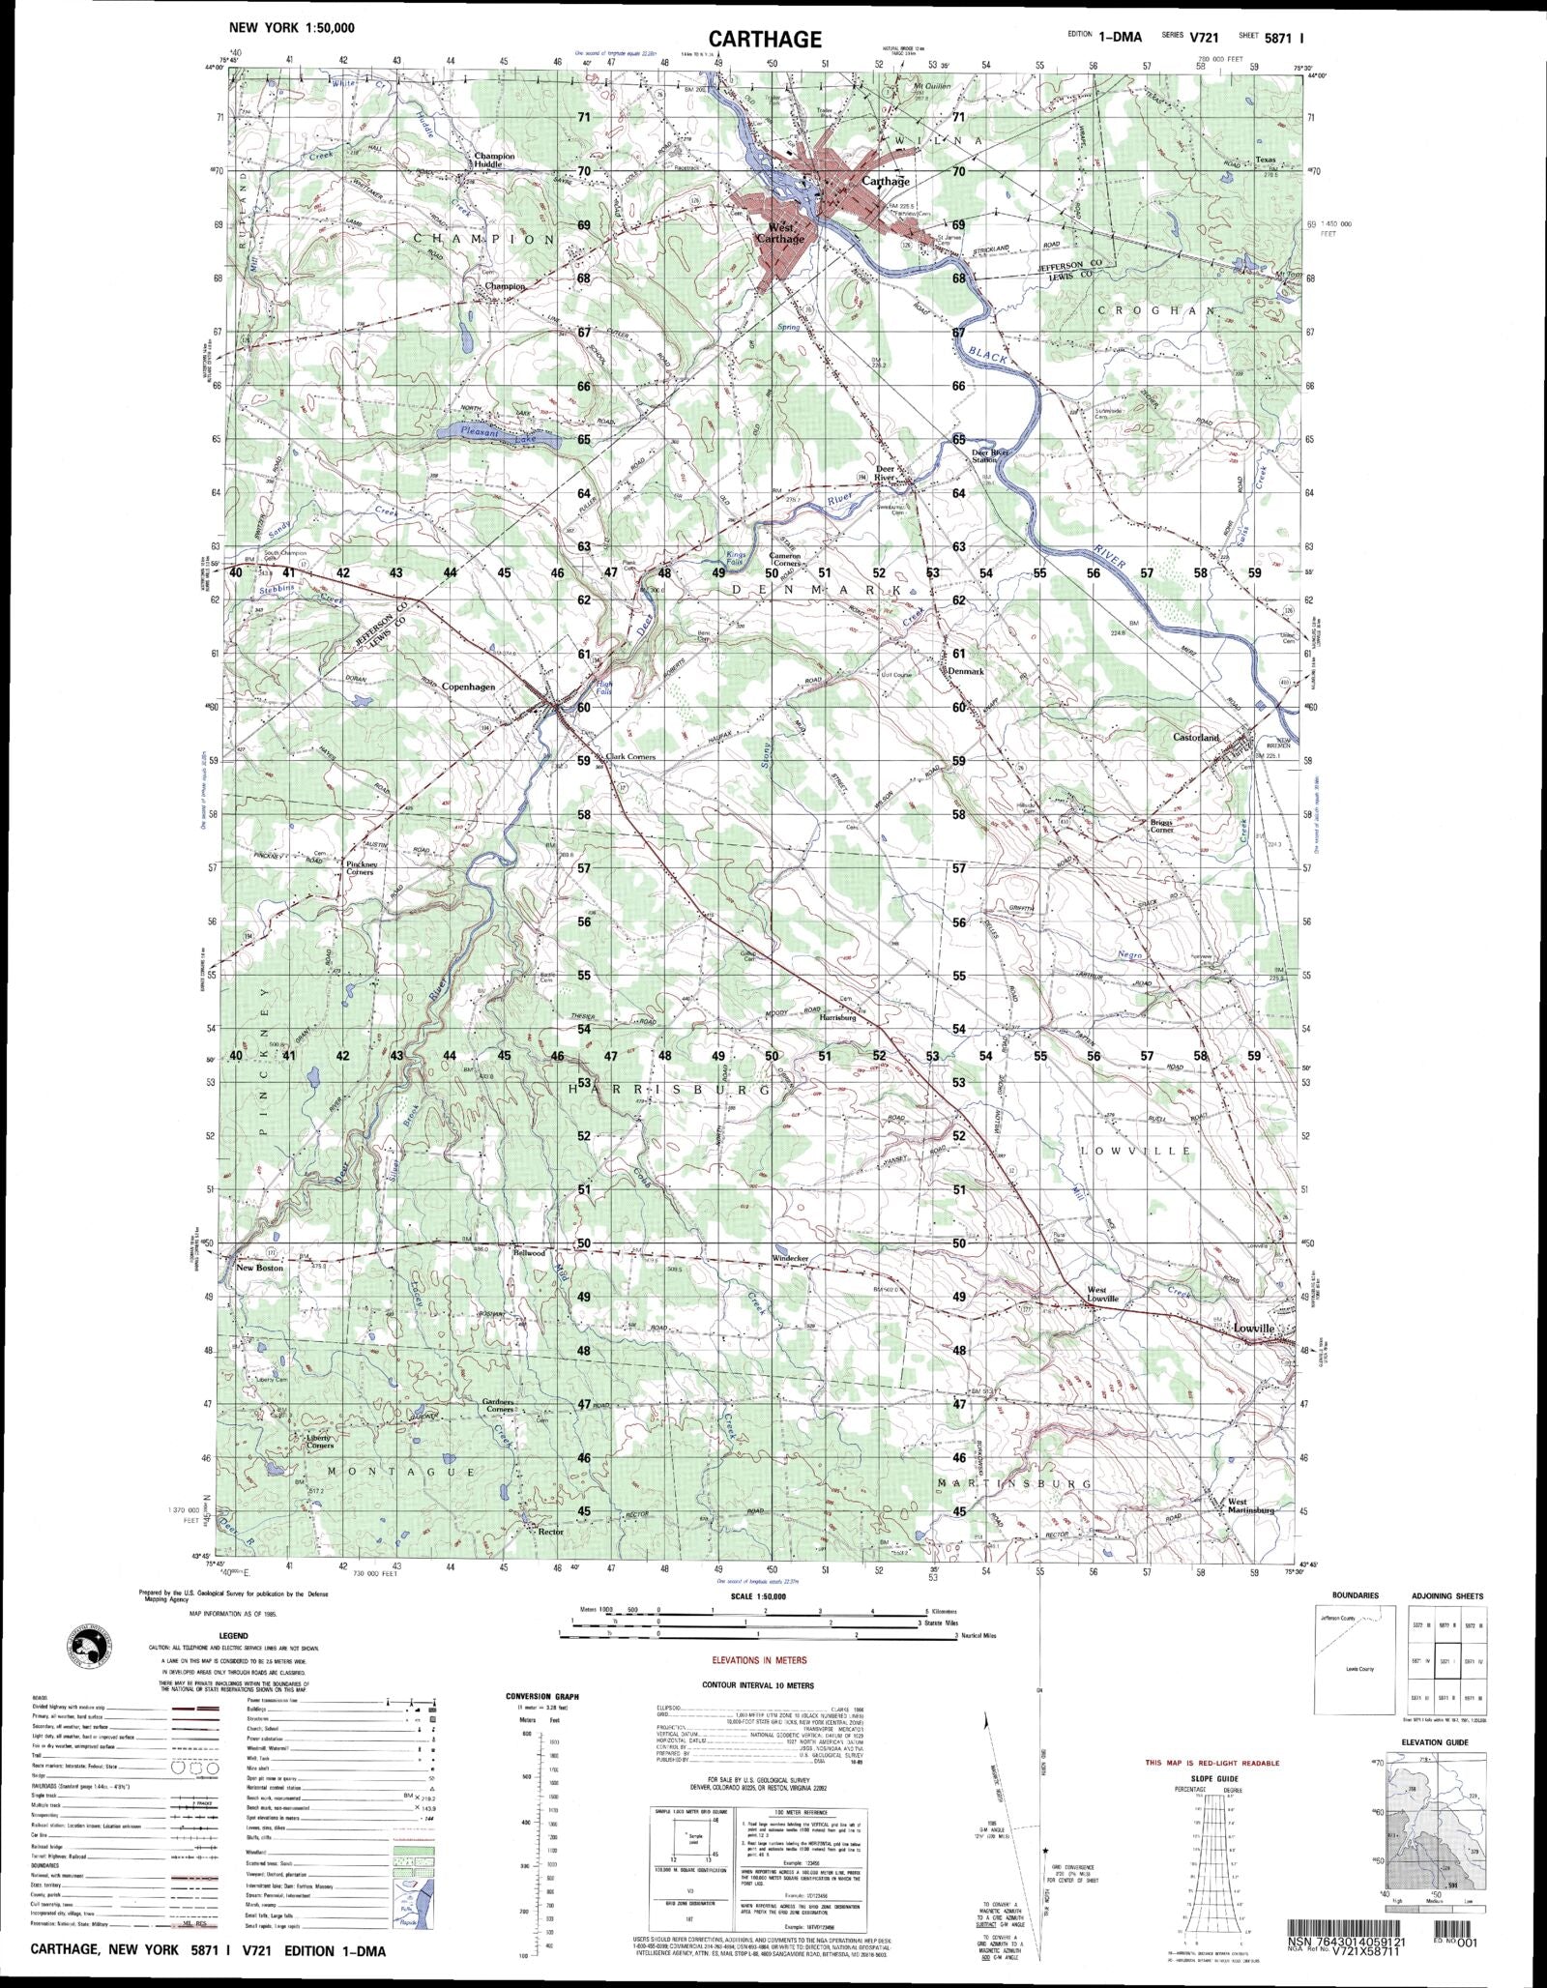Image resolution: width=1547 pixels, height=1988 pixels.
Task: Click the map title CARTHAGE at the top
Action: (x=764, y=39)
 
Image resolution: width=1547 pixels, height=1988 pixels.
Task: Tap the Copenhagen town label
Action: (x=468, y=687)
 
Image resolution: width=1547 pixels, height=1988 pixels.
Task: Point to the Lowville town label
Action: (x=1254, y=1330)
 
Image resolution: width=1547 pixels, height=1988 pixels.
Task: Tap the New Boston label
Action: (x=259, y=1268)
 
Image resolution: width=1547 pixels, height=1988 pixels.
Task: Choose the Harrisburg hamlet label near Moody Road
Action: (x=838, y=1019)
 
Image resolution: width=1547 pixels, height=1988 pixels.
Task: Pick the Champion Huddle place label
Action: (x=494, y=161)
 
